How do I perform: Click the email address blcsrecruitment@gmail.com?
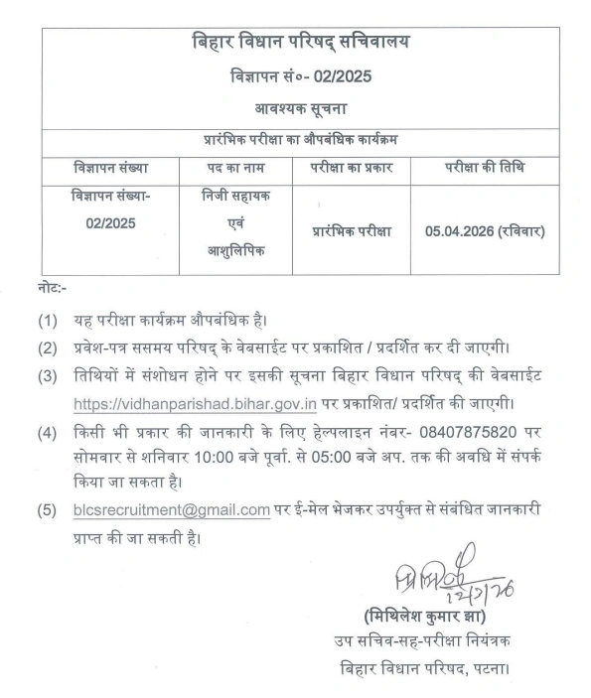pos(171,510)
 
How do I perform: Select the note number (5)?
pos(47,510)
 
